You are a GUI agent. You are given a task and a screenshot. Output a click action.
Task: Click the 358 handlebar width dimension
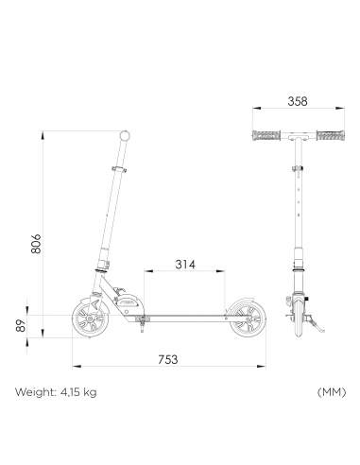[x=298, y=101]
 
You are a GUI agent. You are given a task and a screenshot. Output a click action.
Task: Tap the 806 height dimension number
[x=36, y=244]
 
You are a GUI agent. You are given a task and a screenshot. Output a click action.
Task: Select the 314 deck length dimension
[x=185, y=265]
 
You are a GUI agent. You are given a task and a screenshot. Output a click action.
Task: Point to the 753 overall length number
[x=168, y=359]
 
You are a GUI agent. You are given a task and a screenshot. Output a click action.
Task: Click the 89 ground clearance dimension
[x=21, y=325]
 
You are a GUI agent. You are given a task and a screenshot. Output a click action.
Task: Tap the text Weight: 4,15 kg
[x=56, y=392]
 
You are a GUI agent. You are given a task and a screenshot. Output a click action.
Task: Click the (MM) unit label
[x=332, y=392]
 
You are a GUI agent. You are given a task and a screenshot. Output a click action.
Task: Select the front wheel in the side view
[x=91, y=319]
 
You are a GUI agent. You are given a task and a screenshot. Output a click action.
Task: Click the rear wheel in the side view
[x=248, y=319]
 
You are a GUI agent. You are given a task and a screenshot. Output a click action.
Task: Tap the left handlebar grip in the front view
[x=266, y=135]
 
